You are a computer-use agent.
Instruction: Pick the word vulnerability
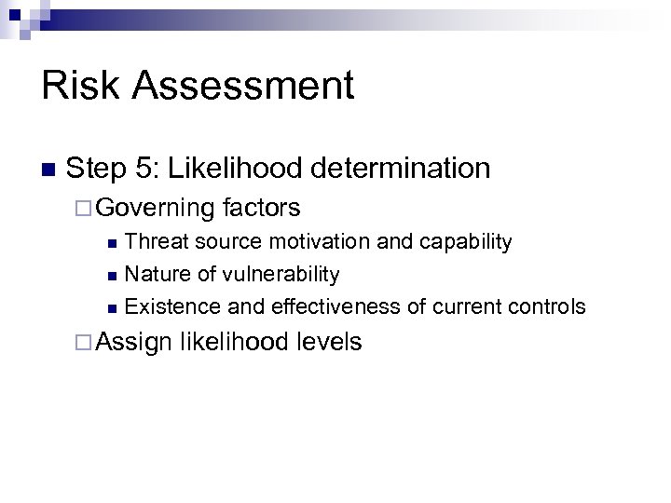coord(279,275)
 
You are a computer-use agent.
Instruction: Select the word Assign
coord(134,343)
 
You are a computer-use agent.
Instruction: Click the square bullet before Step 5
coord(48,170)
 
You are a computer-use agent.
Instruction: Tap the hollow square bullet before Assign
coord(85,343)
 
